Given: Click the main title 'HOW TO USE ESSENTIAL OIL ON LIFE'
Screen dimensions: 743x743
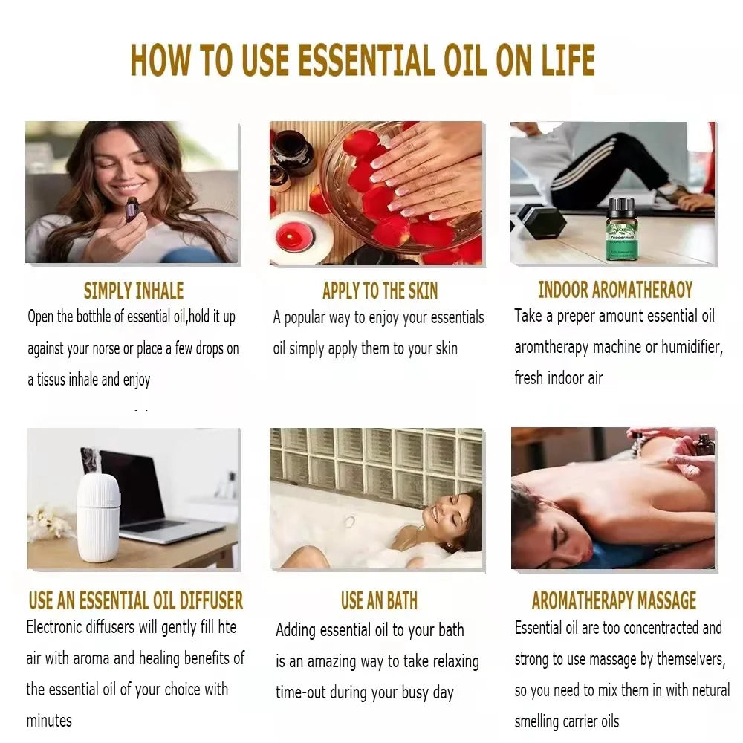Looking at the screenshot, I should pyautogui.click(x=363, y=60).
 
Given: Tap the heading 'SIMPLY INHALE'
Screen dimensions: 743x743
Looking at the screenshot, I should pyautogui.click(x=133, y=291).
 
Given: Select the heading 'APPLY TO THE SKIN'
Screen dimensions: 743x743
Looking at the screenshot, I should pyautogui.click(x=380, y=291).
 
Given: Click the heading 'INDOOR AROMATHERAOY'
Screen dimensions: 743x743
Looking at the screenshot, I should pyautogui.click(x=615, y=290).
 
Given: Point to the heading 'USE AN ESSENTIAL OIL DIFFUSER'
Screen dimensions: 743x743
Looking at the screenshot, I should pyautogui.click(x=136, y=600).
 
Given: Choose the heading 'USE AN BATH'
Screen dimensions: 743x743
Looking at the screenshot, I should pyautogui.click(x=379, y=600).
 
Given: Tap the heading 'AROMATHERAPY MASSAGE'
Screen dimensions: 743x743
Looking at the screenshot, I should pyautogui.click(x=614, y=600).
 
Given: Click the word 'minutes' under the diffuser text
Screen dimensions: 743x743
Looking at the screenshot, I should pyautogui.click(x=49, y=721).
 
